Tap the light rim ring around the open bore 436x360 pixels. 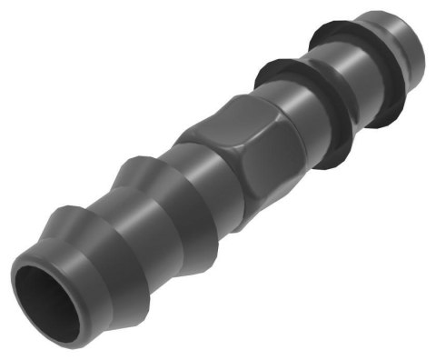click(x=25, y=272)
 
